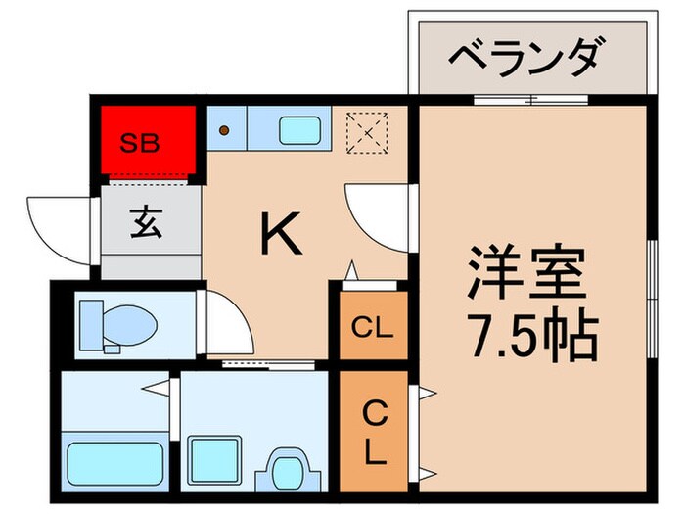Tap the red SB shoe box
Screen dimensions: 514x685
[147, 141]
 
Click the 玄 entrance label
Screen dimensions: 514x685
[147, 223]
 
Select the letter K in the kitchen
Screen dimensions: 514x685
[278, 233]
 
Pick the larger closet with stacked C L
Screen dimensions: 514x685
[373, 434]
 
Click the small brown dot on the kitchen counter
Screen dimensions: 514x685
[224, 129]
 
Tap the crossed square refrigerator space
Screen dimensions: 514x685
[370, 131]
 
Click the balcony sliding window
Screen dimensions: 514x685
[531, 98]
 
